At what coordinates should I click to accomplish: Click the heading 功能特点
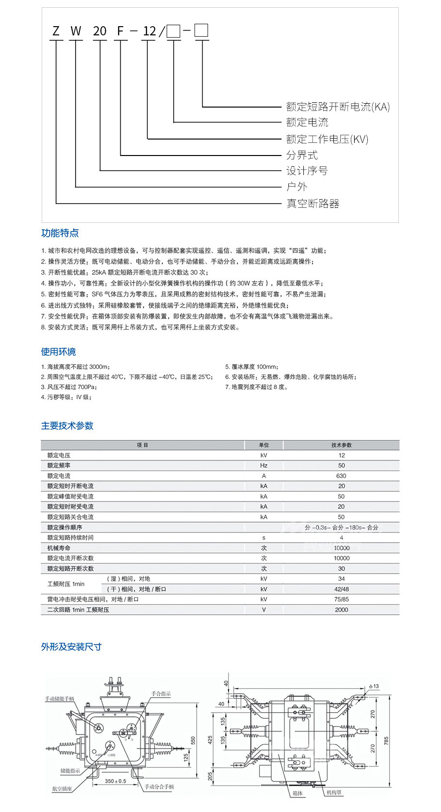coord(60,233)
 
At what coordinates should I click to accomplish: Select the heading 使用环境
coord(58,352)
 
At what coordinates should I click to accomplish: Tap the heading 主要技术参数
coord(67,426)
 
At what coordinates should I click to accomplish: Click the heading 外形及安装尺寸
coord(71,647)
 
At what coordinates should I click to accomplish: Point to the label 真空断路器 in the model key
coord(313,203)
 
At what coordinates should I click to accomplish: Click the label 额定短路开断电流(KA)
coord(338,107)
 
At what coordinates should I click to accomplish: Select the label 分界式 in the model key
coord(302,155)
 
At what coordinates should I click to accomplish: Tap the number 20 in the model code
coord(99,31)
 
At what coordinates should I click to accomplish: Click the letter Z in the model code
coord(56,31)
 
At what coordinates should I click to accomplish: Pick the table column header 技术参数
coord(341,445)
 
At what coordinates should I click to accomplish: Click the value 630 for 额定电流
coord(341,476)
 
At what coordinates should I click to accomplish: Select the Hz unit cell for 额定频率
coord(264,466)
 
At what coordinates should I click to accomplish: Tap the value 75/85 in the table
coord(341,599)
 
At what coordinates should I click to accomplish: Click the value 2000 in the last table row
coord(341,610)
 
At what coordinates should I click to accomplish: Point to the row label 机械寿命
coord(59,548)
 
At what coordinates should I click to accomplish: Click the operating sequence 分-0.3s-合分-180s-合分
coord(341,528)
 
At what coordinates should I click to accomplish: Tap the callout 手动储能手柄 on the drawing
coord(59,699)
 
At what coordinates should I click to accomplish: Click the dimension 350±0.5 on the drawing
coord(115,781)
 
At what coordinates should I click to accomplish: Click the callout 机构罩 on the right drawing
coord(334,793)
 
